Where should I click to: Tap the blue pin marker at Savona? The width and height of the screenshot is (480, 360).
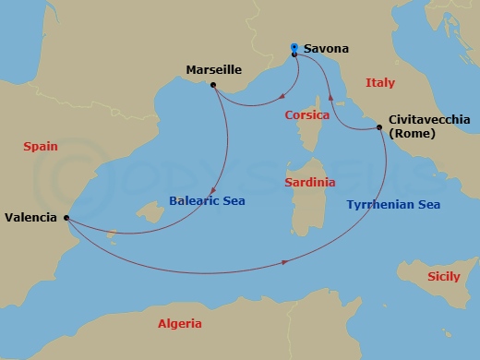[x=294, y=48]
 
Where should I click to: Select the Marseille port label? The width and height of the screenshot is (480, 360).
[x=212, y=69]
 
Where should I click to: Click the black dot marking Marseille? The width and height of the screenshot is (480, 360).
[x=213, y=86]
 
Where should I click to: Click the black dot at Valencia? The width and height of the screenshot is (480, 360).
[x=67, y=218]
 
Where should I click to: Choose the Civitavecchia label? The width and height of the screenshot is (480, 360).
[x=429, y=120]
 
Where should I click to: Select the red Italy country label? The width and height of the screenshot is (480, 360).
[x=379, y=83]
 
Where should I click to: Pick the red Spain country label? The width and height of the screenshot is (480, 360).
[x=41, y=146]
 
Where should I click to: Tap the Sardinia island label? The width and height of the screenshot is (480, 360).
[x=308, y=183]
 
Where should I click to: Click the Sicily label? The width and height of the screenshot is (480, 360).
[x=443, y=277]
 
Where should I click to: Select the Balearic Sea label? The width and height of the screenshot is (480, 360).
[x=208, y=200]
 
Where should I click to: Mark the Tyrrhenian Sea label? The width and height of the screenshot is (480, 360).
[x=393, y=205]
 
